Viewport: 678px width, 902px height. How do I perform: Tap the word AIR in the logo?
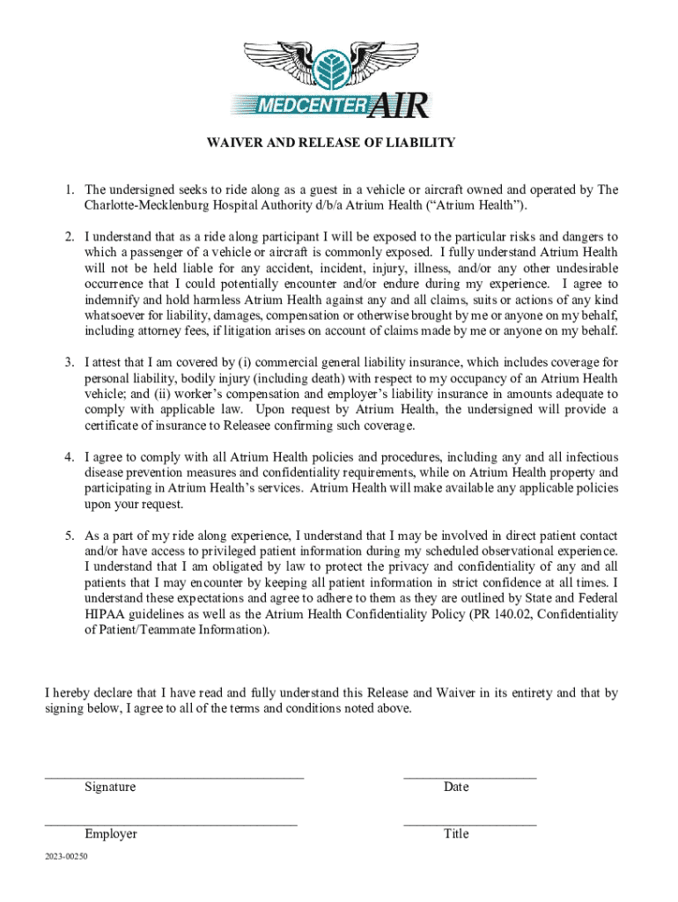(400, 106)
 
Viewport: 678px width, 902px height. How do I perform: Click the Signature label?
(110, 787)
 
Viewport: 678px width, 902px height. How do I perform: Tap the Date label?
(456, 787)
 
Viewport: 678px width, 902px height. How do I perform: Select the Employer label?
(111, 833)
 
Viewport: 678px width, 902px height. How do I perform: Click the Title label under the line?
(456, 833)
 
